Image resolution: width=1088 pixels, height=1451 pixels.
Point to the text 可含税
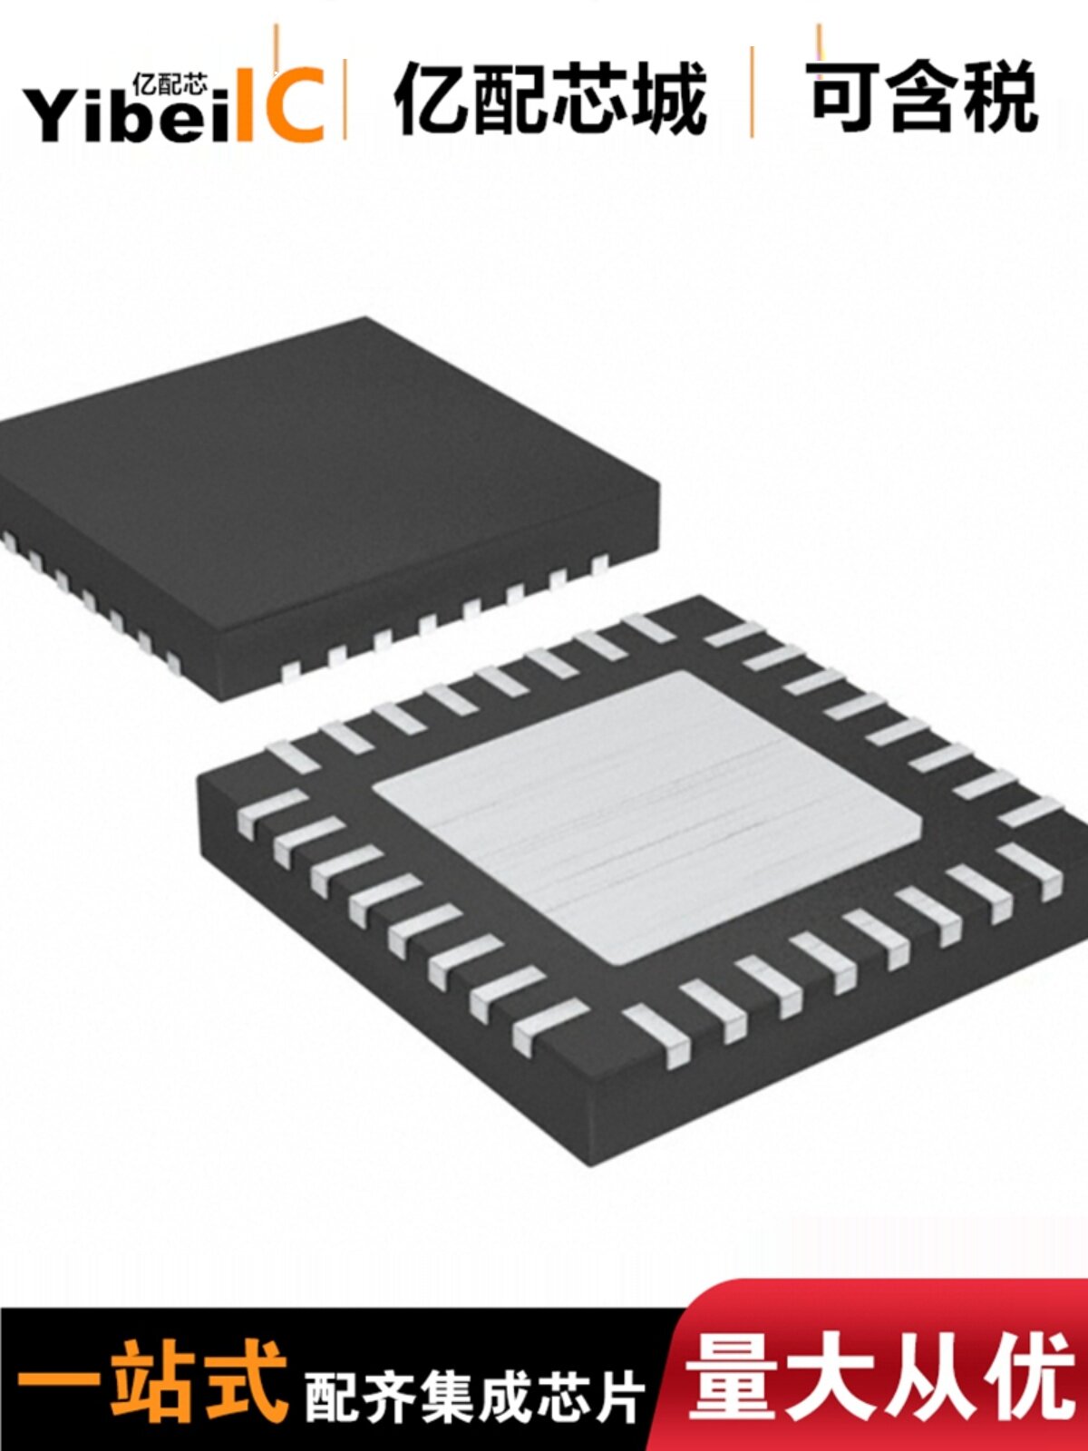coord(924,97)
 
